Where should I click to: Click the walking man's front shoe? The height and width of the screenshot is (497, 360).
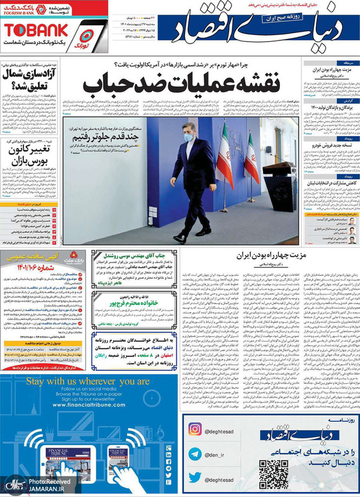click(179, 238)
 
